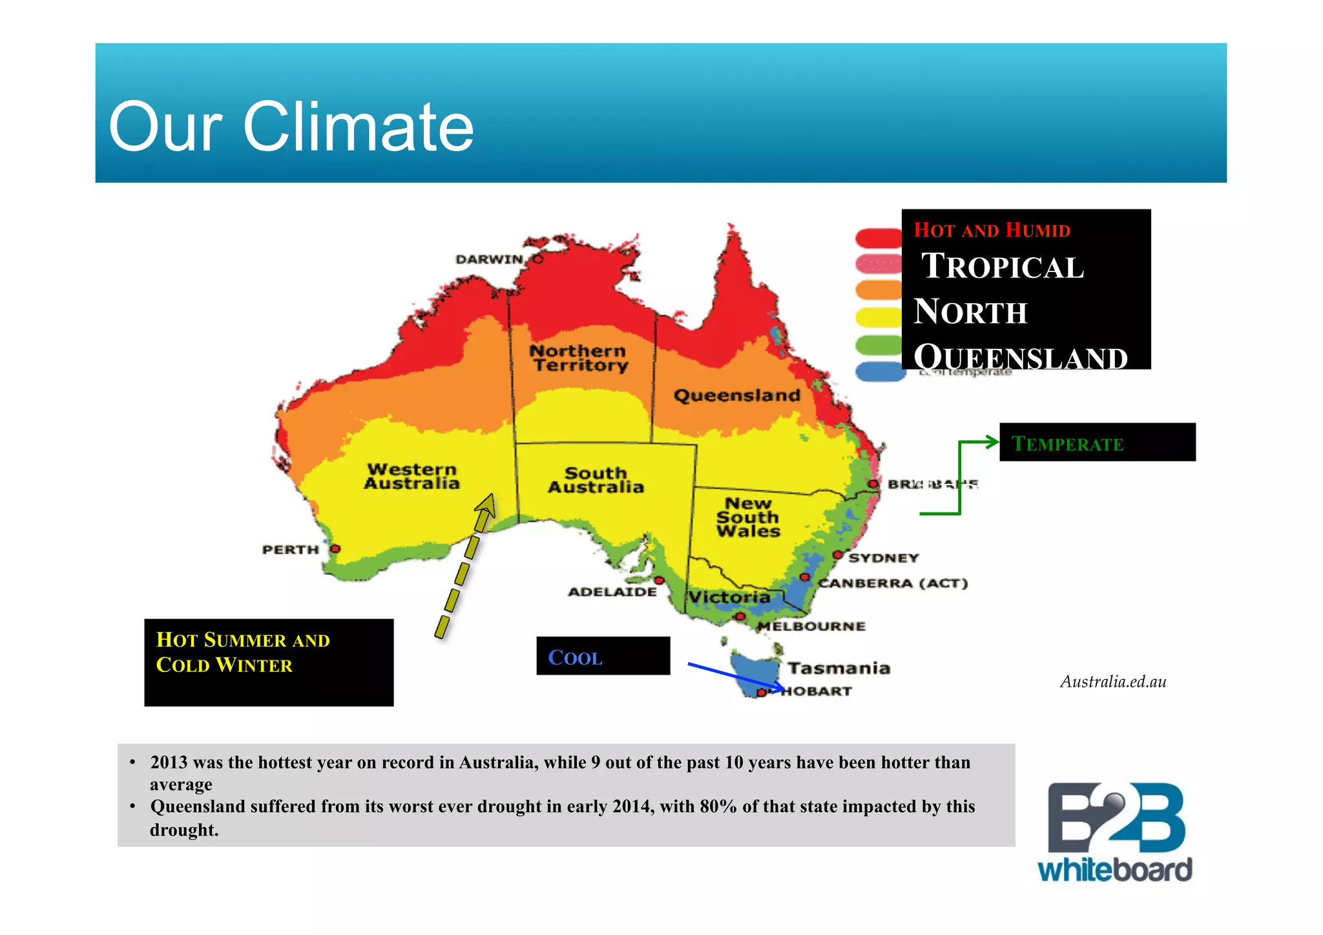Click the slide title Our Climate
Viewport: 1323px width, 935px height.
pos(291,127)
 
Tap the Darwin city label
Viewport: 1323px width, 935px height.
pos(489,259)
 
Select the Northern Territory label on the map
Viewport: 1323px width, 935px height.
pos(579,358)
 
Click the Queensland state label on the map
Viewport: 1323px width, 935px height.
pos(736,395)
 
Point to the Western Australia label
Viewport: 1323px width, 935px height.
pos(412,476)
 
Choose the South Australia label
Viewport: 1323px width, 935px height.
pos(596,480)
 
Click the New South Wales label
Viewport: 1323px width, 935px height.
pos(748,517)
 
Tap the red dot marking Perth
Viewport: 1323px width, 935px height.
pos(335,549)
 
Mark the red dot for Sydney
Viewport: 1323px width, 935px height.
pos(838,554)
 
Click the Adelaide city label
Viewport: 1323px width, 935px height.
pos(612,591)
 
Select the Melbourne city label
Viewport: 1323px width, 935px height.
pos(811,625)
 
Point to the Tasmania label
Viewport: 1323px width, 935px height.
pos(839,667)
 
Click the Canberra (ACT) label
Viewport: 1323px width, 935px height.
pos(893,583)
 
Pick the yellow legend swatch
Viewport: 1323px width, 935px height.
pos(878,317)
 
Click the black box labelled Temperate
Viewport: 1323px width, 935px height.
pos(1097,442)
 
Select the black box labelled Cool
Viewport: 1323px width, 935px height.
pos(603,656)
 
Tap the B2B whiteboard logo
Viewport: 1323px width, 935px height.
pos(1115,832)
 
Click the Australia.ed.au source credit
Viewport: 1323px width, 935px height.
pos(1112,682)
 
